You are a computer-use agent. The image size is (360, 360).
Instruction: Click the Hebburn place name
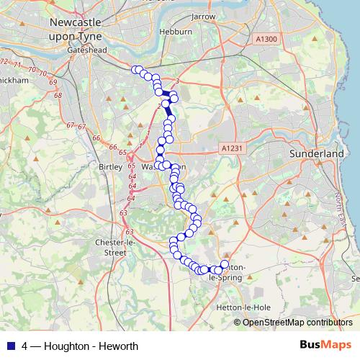point(176,32)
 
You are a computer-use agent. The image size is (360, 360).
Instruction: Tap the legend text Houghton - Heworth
point(81,346)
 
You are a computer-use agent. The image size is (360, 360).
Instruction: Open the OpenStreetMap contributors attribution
point(292,323)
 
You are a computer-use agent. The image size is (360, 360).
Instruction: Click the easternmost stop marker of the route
point(224,265)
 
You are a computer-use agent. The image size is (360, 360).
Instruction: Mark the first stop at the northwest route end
point(134,70)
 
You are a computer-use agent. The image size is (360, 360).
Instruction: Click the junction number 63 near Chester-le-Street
point(124,213)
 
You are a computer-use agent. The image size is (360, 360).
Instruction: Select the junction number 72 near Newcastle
point(5,62)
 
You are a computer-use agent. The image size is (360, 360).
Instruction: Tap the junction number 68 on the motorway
point(58,95)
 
